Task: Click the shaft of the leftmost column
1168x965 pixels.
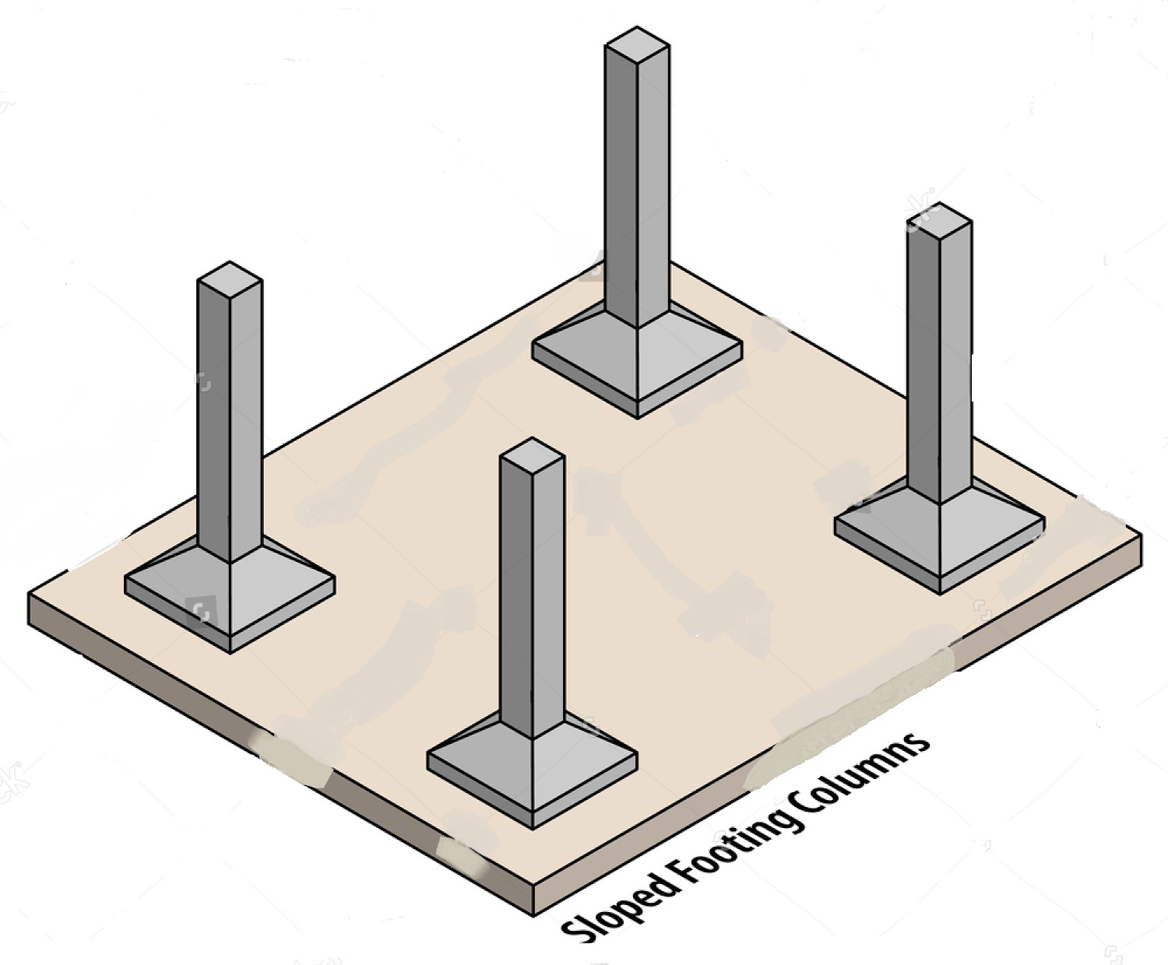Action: click(x=230, y=420)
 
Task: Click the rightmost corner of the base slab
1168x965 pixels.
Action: click(x=1140, y=537)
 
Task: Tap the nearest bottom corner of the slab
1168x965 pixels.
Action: click(x=534, y=912)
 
